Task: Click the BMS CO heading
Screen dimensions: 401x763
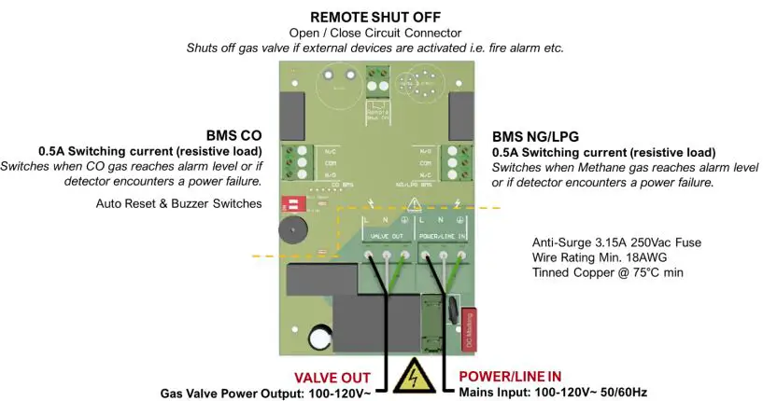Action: click(x=233, y=135)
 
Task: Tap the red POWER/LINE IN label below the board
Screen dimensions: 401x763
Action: click(x=510, y=376)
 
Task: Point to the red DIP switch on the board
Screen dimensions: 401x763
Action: click(x=288, y=201)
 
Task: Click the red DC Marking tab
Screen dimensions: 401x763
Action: click(x=470, y=332)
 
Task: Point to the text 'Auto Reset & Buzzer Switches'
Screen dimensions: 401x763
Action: click(x=178, y=203)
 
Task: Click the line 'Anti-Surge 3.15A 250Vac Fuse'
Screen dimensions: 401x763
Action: click(x=616, y=242)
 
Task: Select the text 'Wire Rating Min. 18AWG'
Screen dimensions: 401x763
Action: click(x=601, y=257)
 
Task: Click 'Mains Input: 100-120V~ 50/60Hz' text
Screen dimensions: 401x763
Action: click(x=552, y=393)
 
